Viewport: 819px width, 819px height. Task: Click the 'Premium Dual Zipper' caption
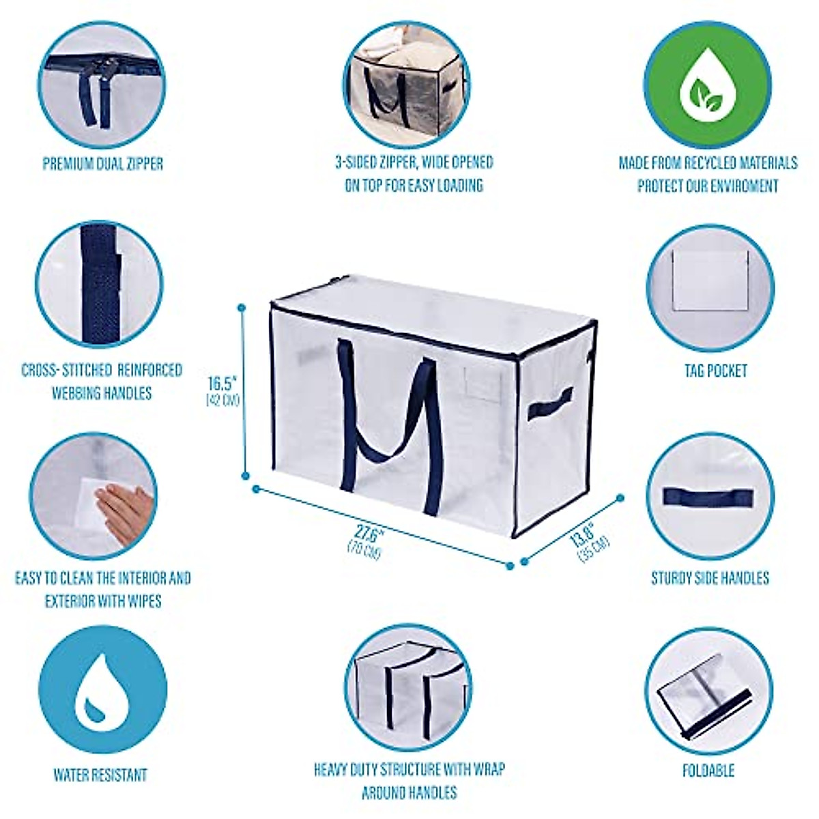[103, 164]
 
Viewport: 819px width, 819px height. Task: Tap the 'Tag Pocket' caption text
[716, 371]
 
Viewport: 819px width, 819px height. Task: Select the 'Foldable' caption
[708, 771]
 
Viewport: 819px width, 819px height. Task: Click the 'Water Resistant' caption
[100, 775]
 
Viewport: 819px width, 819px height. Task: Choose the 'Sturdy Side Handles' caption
[710, 578]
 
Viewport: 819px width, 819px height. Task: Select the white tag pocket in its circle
[709, 279]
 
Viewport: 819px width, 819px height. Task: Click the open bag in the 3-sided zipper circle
[409, 89]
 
